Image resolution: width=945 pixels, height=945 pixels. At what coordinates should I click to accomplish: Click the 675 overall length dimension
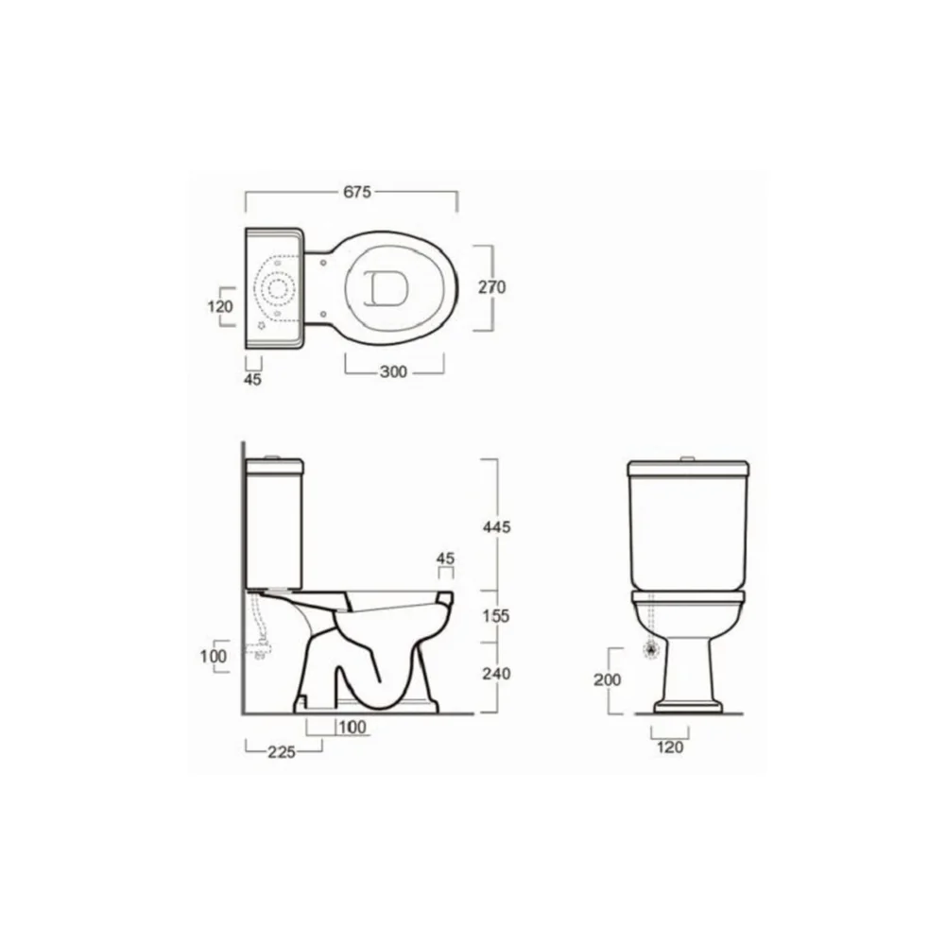[x=357, y=192]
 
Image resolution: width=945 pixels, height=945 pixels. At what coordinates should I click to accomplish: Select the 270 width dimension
[x=491, y=287]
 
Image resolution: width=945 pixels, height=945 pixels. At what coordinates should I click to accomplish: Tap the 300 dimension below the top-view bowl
[x=393, y=371]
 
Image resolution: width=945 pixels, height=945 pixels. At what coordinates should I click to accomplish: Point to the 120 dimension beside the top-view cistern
[x=220, y=306]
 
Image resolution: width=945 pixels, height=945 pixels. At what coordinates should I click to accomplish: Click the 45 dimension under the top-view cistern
[x=252, y=380]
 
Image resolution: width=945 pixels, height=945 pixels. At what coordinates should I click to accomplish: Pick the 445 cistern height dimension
[x=497, y=527]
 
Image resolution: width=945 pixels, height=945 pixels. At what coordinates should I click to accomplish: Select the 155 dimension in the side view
[x=496, y=616]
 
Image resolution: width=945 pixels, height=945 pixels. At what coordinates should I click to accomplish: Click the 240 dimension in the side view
[x=496, y=673]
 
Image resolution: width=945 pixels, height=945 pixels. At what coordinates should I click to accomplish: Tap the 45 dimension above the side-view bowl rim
[x=445, y=558]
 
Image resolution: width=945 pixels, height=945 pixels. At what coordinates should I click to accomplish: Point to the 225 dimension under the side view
[x=282, y=752]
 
